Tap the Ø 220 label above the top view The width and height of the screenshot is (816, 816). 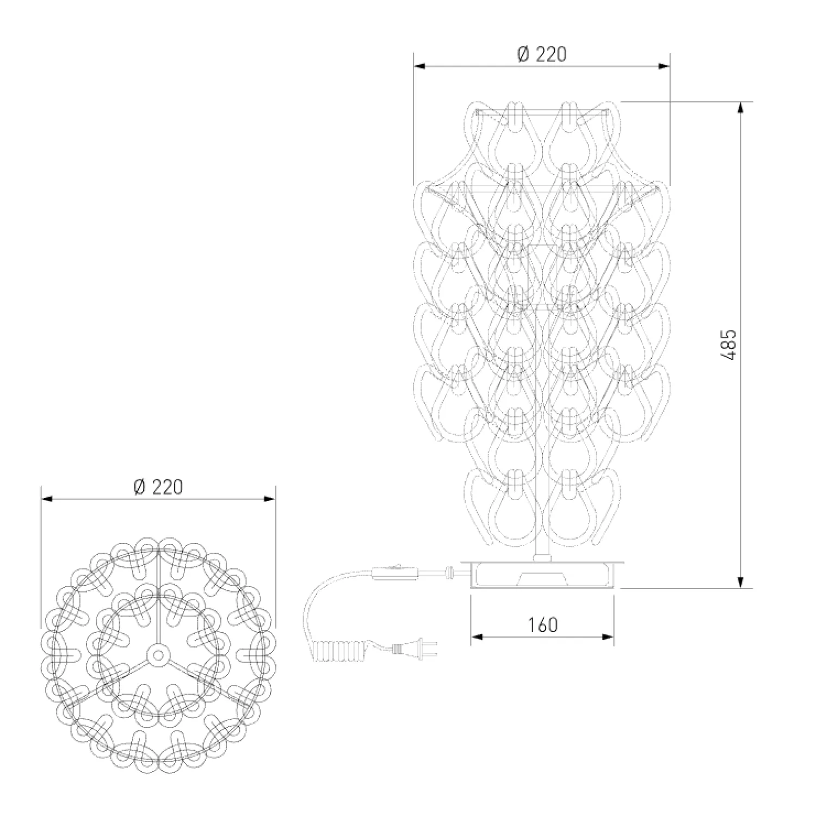point(158,487)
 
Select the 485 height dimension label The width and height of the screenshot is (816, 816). point(730,344)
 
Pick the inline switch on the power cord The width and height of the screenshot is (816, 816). point(395,572)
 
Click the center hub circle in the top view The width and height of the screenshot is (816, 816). point(158,656)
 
